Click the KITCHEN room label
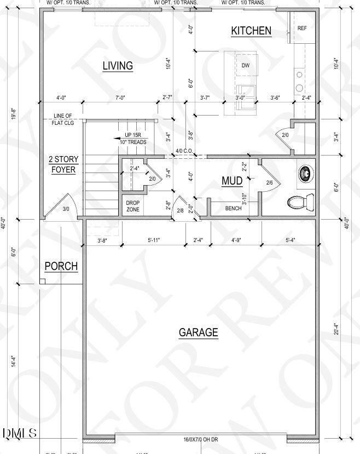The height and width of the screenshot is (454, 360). [x=251, y=31]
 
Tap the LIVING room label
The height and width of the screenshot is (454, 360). [x=118, y=66]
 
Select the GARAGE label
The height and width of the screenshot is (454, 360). [x=198, y=332]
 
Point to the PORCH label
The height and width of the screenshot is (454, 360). [x=61, y=267]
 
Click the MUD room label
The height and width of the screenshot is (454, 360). [x=232, y=181]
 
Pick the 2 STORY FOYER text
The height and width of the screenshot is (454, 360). [x=65, y=164]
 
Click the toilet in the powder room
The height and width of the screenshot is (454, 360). [x=299, y=203]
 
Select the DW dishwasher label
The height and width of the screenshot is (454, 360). [x=246, y=66]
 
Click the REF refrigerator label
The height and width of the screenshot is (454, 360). [x=302, y=28]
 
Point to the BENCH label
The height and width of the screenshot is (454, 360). [x=233, y=209]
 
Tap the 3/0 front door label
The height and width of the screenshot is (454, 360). [x=66, y=209]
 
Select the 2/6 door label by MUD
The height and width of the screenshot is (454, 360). [x=269, y=183]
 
